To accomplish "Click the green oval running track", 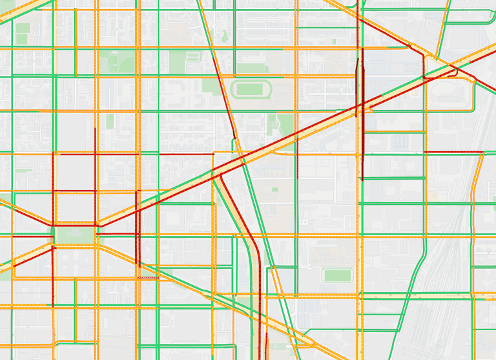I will pyautogui.click(x=251, y=89).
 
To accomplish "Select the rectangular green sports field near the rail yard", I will pyautogui.click(x=337, y=275).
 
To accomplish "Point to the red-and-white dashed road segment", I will pyautogui.click(x=147, y=277).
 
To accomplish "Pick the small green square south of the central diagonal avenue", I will pyautogui.click(x=275, y=189).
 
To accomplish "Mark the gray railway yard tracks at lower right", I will pyautogui.click(x=452, y=259).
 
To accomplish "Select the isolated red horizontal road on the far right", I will pyautogui.click(x=454, y=152).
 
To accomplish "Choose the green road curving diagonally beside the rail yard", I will pyautogui.click(x=413, y=278).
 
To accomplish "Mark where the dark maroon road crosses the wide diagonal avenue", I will pyautogui.click(x=362, y=105).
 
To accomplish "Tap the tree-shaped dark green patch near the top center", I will pyautogui.click(x=225, y=36).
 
